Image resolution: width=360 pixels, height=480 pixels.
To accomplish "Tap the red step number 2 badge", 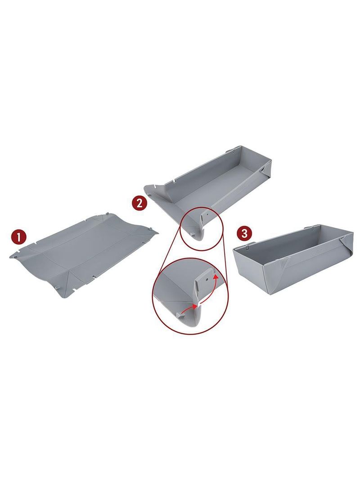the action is pos(139,203).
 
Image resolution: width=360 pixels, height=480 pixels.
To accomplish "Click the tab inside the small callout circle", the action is pos(191,234).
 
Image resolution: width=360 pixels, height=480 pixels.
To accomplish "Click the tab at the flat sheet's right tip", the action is pos(151,227).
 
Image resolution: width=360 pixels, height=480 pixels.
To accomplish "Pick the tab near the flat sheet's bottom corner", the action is pos(58,287).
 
